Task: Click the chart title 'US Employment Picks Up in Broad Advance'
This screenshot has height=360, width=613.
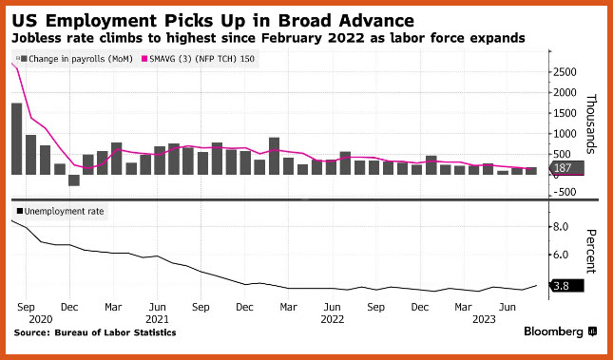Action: pos(213,20)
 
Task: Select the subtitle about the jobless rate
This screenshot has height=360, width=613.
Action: pos(268,38)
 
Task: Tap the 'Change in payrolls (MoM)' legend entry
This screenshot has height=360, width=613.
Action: pos(76,59)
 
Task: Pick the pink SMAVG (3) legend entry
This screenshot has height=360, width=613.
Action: pos(198,59)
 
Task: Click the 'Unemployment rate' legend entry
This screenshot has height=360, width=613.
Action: pos(60,212)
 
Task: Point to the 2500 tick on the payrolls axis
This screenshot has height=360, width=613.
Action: pos(565,72)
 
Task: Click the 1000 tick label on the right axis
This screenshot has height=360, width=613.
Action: pos(565,134)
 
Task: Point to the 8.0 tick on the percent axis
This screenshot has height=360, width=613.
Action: pos(560,227)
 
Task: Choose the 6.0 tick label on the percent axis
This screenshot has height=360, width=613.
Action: pos(560,255)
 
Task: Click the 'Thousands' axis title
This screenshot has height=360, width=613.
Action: pos(591,123)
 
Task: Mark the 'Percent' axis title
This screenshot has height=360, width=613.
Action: pos(591,252)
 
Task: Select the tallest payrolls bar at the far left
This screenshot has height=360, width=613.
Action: pos(17,139)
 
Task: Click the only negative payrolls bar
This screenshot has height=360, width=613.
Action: pos(74,180)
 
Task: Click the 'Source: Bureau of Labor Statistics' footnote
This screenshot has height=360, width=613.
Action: pos(95,332)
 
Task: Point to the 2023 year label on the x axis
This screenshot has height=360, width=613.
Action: pos(485,319)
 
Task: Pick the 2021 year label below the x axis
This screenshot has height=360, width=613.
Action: pos(157,319)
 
